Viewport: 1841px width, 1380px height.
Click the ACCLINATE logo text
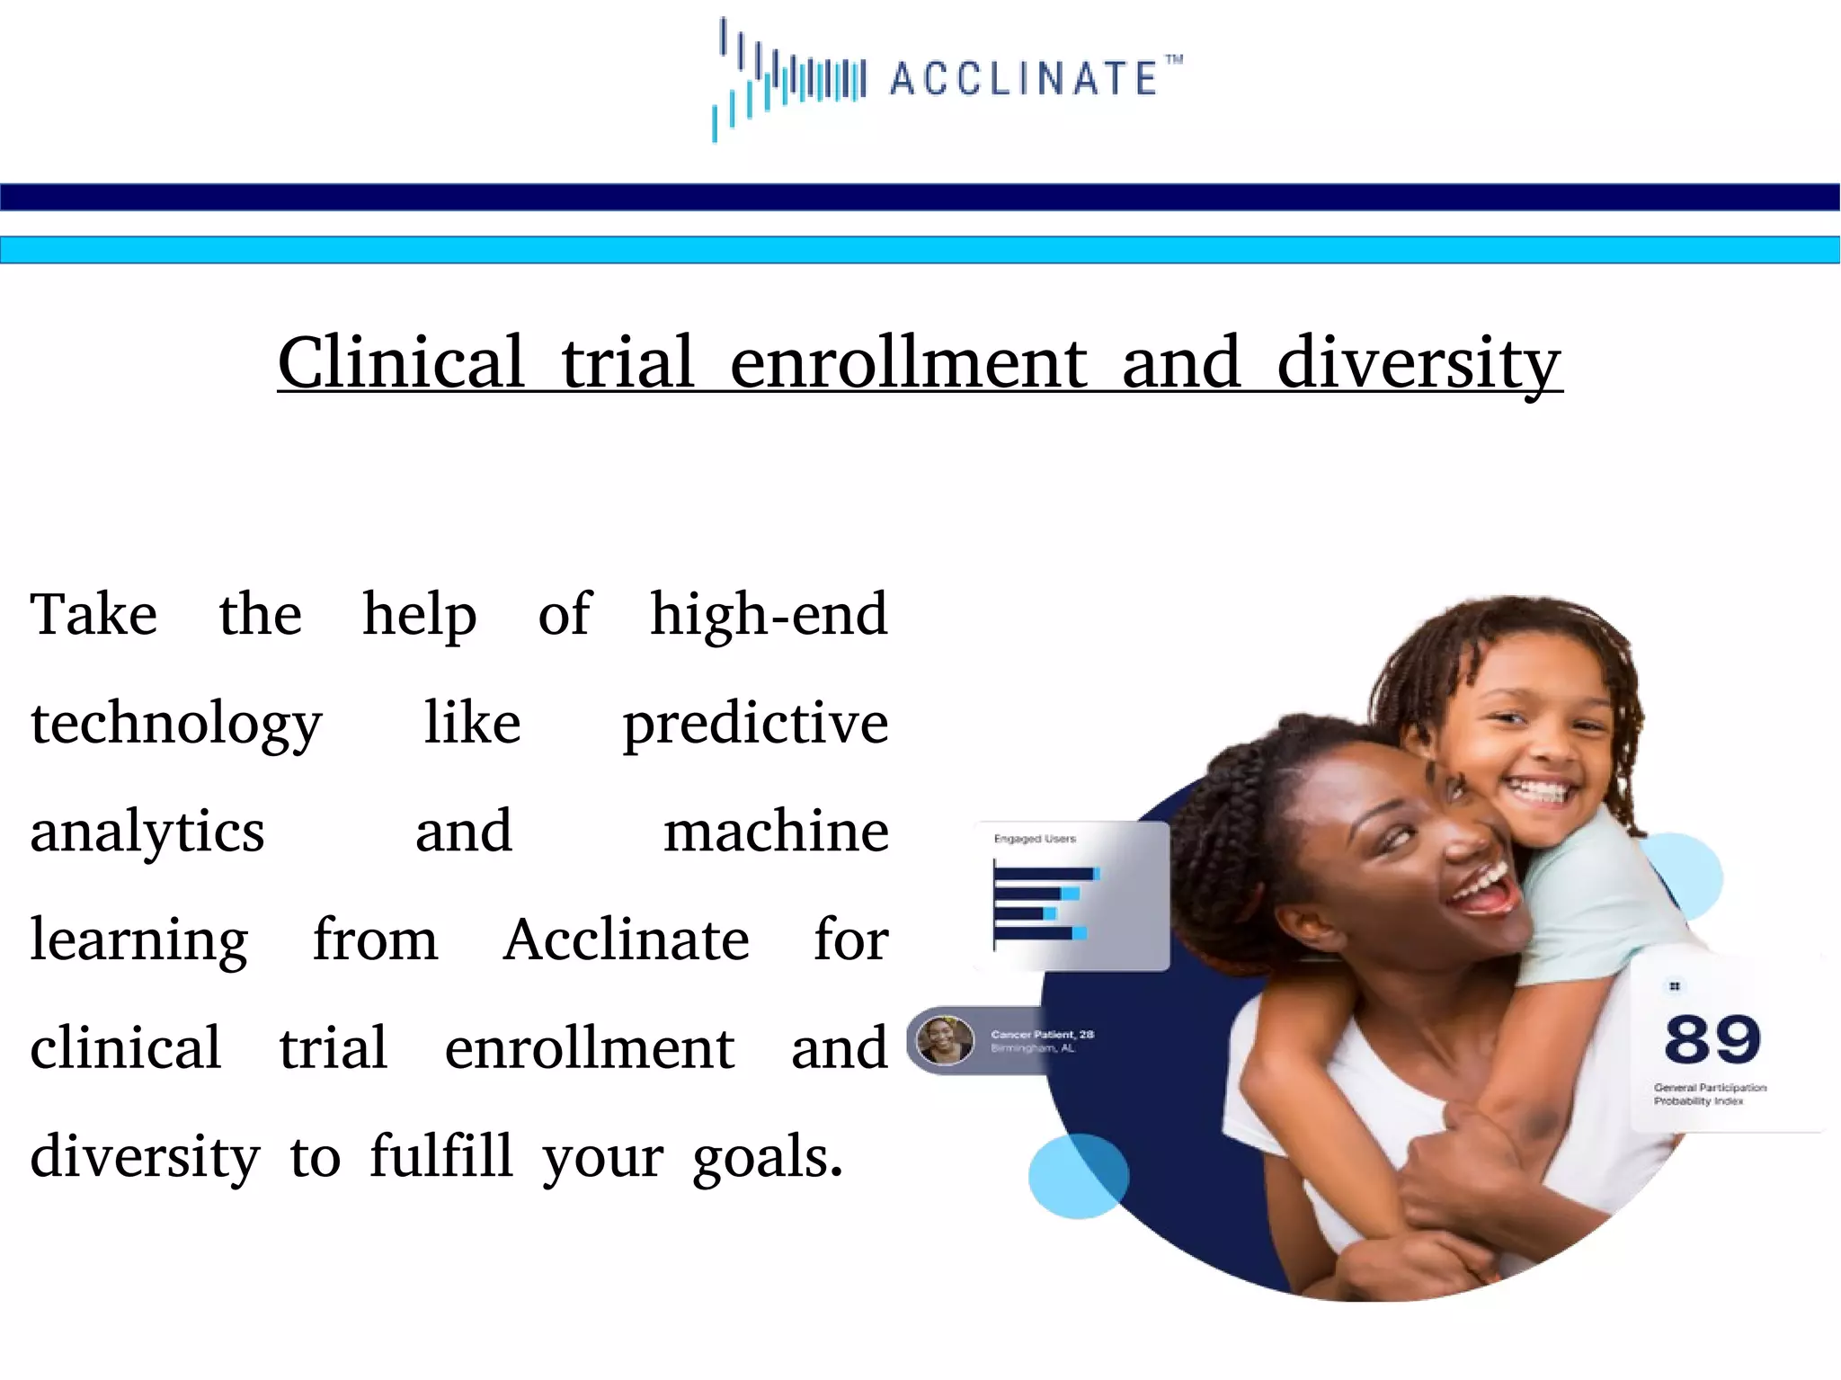(x=1025, y=78)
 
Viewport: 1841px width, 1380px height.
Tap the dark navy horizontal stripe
(x=920, y=197)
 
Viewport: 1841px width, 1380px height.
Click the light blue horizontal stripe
(x=920, y=250)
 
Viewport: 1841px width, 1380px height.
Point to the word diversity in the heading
(x=1419, y=363)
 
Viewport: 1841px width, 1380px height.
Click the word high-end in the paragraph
(x=769, y=614)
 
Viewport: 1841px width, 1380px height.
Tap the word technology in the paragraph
(x=176, y=725)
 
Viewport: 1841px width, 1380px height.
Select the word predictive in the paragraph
(x=755, y=725)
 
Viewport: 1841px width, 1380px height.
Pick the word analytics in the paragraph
(x=147, y=832)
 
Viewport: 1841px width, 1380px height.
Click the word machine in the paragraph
(x=776, y=831)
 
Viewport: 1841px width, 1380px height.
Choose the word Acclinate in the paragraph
(x=626, y=939)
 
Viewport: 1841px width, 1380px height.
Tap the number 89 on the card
(x=1712, y=1039)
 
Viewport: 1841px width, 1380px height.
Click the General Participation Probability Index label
(x=1710, y=1094)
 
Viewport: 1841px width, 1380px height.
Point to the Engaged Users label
(x=1035, y=839)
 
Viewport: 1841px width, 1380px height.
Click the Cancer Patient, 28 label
(x=1042, y=1035)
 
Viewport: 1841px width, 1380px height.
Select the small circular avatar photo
(x=945, y=1041)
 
